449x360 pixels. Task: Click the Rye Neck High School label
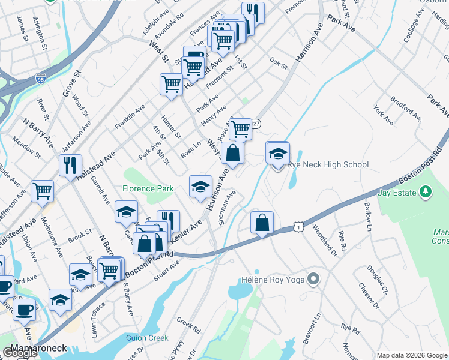point(328,164)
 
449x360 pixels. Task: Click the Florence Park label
point(148,188)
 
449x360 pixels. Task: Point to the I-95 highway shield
point(40,79)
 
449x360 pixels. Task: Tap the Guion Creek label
point(147,338)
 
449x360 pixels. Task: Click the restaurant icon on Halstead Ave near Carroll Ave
point(70,165)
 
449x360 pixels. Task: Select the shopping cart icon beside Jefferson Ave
point(43,191)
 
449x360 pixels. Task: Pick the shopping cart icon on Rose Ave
point(240,128)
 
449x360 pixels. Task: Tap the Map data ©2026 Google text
point(412,355)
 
